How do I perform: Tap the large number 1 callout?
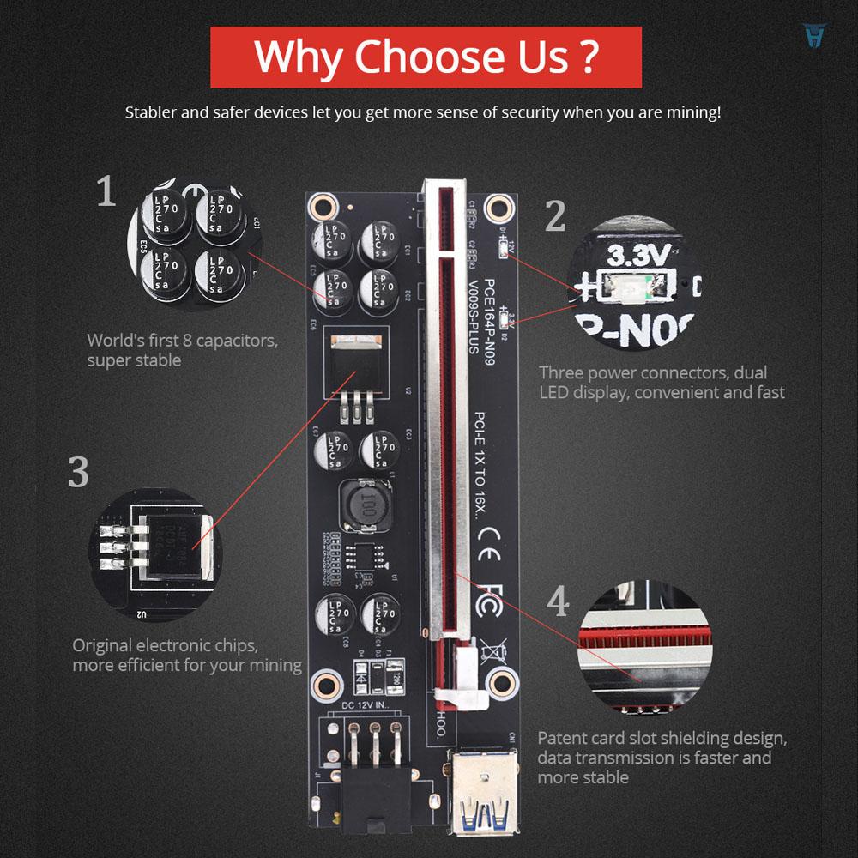(x=106, y=191)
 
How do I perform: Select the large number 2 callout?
(x=556, y=216)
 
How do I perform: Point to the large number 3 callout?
(x=78, y=473)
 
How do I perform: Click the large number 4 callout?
(x=559, y=601)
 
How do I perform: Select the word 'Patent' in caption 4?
(x=562, y=738)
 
